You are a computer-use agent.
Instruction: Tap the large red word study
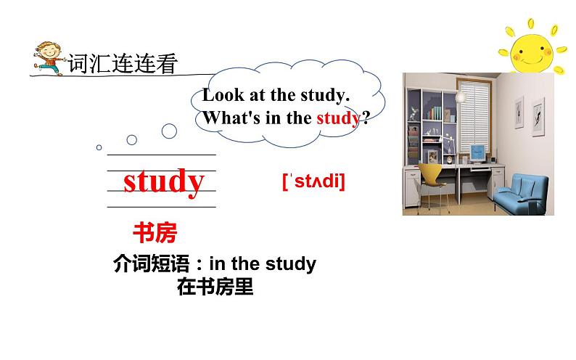point(163,181)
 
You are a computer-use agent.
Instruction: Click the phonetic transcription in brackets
point(313,181)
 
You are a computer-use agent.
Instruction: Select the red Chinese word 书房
point(154,233)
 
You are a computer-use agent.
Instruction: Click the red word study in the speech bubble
point(337,118)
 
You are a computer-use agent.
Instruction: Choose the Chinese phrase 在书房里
point(215,287)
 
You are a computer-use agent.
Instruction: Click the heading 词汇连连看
point(123,65)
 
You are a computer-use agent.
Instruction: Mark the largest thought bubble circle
point(169,131)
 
